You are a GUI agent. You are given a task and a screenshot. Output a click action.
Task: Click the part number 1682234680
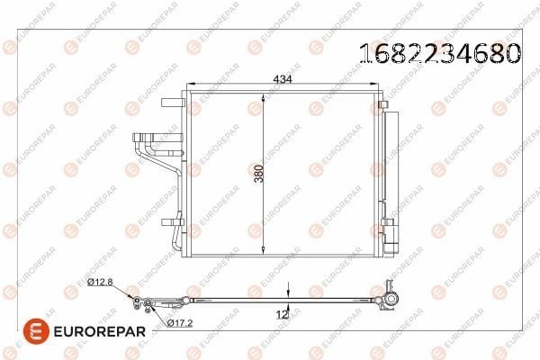pyautogui.click(x=440, y=54)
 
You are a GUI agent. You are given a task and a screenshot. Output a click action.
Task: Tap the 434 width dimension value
pyautogui.click(x=283, y=79)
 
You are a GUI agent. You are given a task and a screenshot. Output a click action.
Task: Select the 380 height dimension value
pyautogui.click(x=258, y=174)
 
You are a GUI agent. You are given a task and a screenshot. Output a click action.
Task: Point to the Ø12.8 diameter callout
pyautogui.click(x=100, y=282)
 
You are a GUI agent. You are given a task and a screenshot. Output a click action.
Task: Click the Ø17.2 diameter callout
pyautogui.click(x=180, y=323)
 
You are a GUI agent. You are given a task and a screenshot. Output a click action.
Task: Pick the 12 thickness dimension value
pyautogui.click(x=282, y=314)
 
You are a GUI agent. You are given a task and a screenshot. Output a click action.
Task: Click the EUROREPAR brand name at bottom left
pyautogui.click(x=100, y=331)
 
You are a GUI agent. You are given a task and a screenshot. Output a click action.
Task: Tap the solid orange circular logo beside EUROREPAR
pyautogui.click(x=36, y=331)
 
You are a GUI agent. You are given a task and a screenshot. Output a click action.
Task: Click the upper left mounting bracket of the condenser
pyautogui.click(x=172, y=103)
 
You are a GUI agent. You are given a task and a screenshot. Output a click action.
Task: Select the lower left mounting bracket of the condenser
pyautogui.click(x=172, y=222)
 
